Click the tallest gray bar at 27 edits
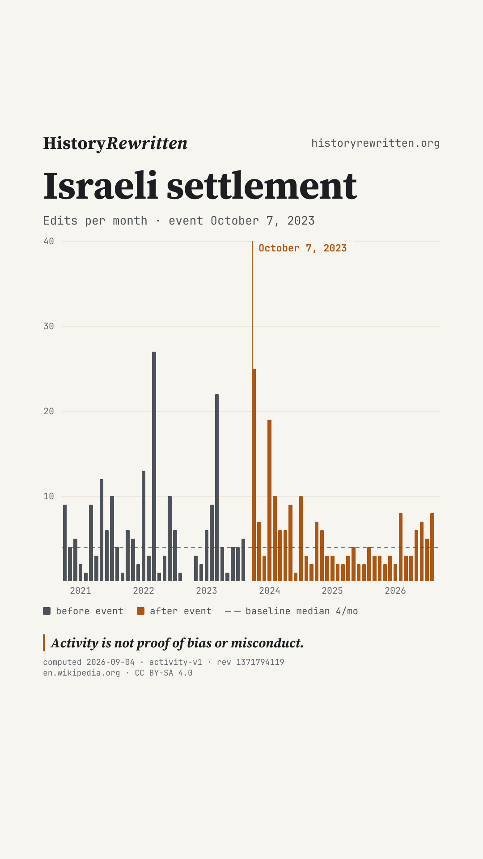pos(154,466)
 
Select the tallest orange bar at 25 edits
pos(254,475)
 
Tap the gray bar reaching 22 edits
pos(217,488)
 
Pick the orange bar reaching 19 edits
pos(269,500)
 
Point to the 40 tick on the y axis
pos(49,242)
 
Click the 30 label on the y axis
pos(49,327)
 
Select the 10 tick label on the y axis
pos(49,496)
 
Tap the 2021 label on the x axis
pos(80,591)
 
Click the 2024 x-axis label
pos(270,591)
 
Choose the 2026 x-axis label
pos(395,591)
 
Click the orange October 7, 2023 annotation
pos(303,248)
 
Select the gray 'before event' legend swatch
pos(47,611)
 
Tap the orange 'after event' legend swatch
pos(140,611)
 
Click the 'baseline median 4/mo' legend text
pos(302,611)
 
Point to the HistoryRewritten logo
pos(115,143)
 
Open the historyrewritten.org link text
pos(376,143)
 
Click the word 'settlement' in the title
pos(262,186)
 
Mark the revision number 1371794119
pos(260,662)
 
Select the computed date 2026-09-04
pos(110,662)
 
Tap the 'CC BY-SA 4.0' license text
pos(164,673)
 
